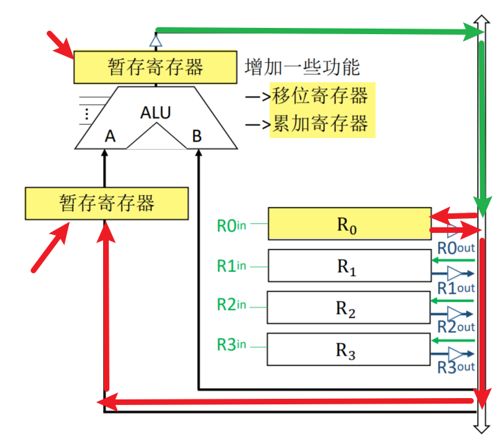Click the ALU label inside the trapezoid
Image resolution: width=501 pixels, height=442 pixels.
tap(155, 112)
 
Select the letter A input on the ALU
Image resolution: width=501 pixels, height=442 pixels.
tap(110, 136)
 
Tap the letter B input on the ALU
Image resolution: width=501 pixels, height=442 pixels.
tap(196, 136)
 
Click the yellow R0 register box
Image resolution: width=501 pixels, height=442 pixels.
tap(350, 224)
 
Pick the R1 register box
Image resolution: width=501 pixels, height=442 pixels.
tap(350, 266)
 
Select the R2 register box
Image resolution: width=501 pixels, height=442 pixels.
tap(348, 307)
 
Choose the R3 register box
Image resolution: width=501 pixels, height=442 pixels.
tap(348, 349)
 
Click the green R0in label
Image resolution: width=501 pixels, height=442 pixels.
tap(231, 226)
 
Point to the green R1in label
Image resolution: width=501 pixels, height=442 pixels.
tap(231, 266)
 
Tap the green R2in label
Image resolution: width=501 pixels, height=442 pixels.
tap(231, 304)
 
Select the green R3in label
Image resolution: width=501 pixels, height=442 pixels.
tap(231, 344)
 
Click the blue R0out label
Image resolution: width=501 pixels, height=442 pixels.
tap(456, 248)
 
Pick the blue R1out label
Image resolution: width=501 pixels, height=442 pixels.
tap(456, 288)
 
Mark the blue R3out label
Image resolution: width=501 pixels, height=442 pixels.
tap(456, 367)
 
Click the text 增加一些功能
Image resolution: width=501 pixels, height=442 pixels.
tap(302, 67)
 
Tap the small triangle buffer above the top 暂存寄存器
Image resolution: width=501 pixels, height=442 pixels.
tap(155, 41)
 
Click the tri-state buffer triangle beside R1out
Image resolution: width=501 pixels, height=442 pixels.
tap(454, 273)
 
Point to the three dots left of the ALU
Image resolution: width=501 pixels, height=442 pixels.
tap(86, 114)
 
